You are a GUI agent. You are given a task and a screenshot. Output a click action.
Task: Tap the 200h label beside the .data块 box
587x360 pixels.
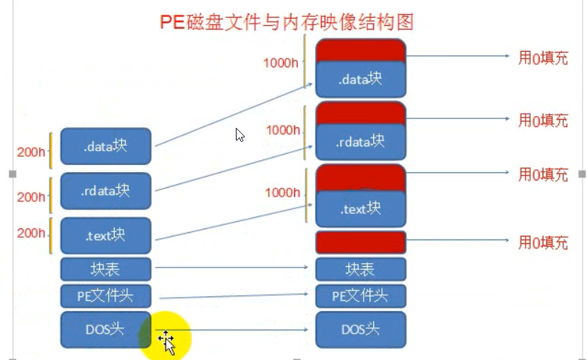[x=31, y=152]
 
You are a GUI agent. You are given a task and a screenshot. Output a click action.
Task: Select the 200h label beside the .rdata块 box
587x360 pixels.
[x=31, y=197]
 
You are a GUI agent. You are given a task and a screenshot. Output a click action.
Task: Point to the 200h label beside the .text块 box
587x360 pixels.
[x=31, y=233]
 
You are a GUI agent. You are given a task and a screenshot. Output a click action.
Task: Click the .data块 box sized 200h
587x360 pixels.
[x=106, y=146]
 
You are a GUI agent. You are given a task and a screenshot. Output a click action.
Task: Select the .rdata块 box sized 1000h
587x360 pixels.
[x=361, y=140]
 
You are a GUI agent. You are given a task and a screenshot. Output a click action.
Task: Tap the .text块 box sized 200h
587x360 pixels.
[x=106, y=236]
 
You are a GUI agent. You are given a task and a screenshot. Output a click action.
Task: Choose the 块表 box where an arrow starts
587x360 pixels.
[x=106, y=268]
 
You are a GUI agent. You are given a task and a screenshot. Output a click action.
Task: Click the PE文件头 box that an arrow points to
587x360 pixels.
[x=361, y=296]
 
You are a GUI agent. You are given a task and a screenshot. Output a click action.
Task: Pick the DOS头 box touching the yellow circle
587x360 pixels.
[x=106, y=330]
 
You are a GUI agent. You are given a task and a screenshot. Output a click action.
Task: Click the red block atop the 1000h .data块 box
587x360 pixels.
[x=361, y=50]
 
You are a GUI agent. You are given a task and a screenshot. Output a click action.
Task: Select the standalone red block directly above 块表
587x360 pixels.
[x=361, y=242]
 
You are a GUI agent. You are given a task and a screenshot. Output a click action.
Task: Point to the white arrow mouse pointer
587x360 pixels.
[x=240, y=135]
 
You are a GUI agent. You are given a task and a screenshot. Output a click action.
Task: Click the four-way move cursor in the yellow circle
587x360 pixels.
[x=166, y=342]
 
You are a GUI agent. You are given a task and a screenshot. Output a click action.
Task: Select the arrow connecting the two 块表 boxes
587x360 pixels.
[x=233, y=268]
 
